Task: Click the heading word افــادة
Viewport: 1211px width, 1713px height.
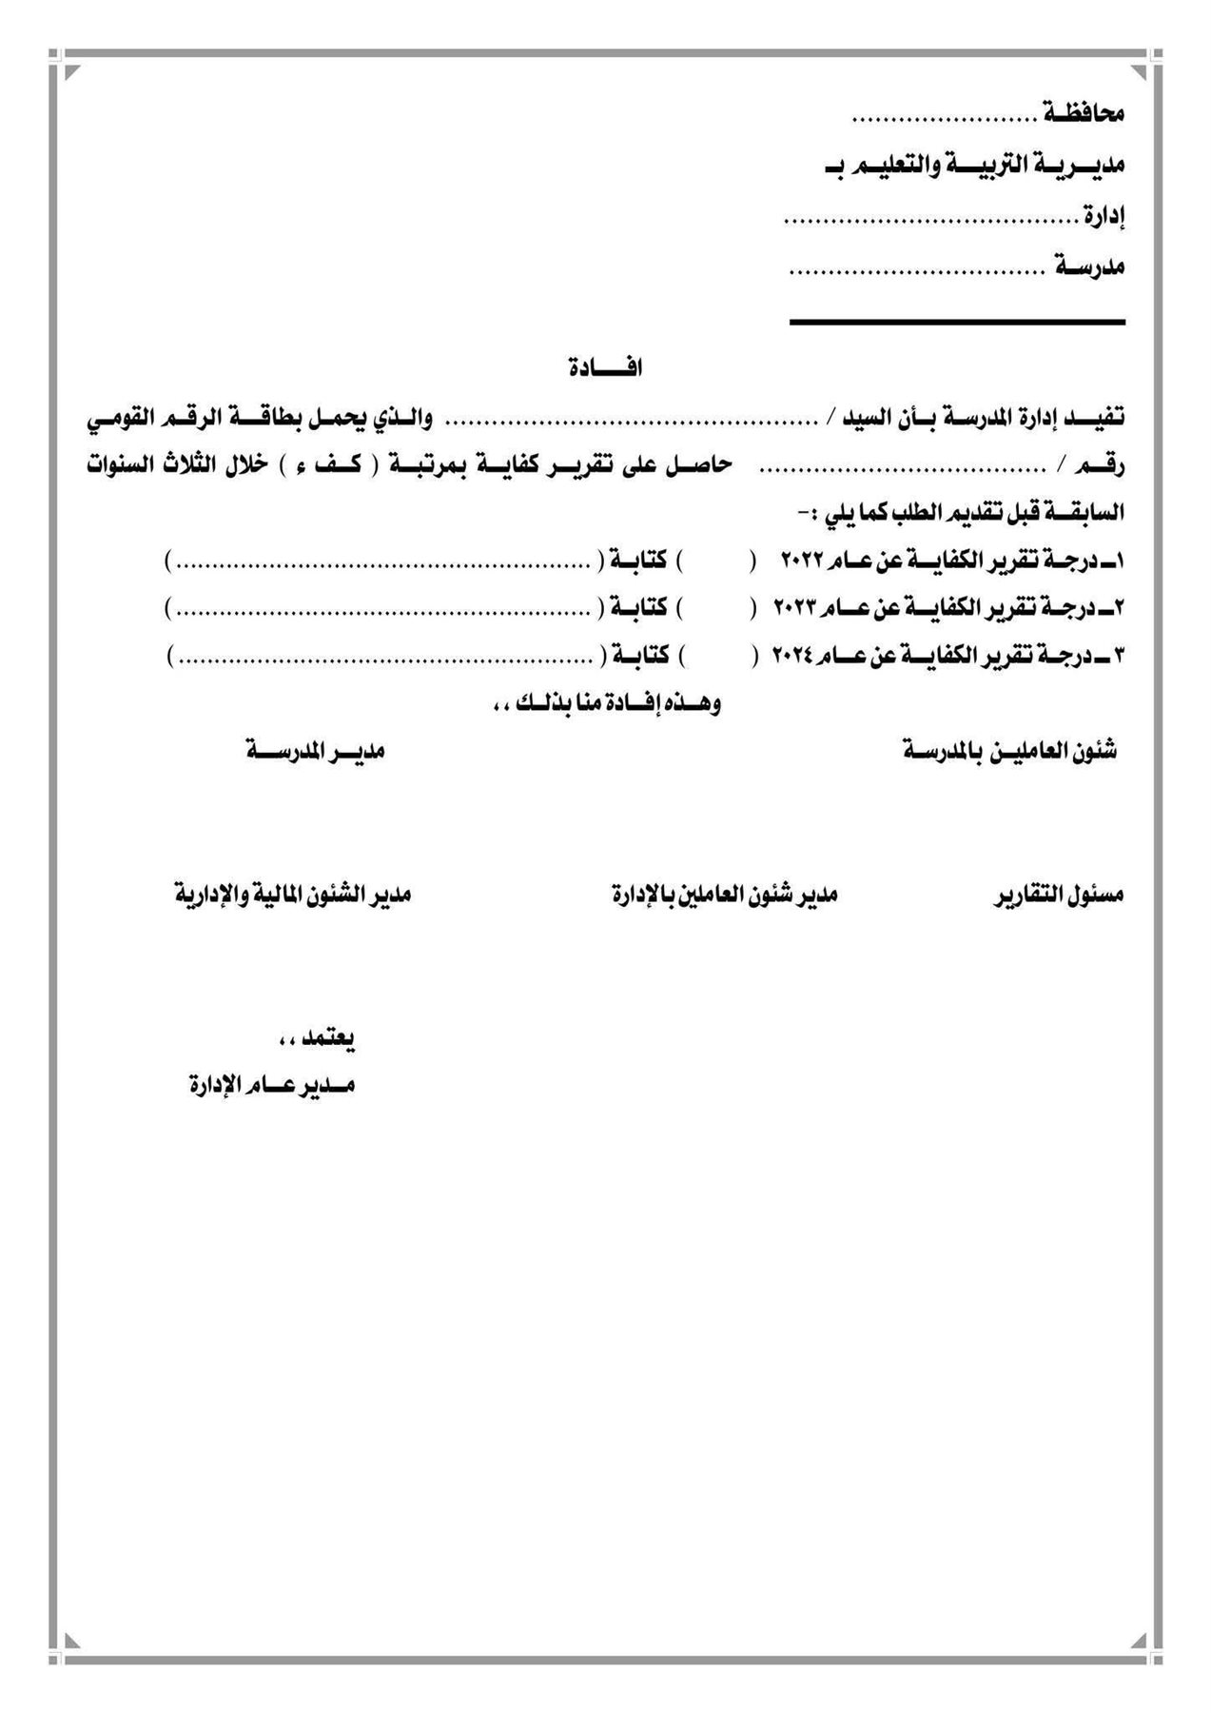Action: click(x=605, y=367)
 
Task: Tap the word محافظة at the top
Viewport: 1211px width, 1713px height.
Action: click(x=1084, y=114)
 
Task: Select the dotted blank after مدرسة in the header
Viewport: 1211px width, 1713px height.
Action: click(x=917, y=271)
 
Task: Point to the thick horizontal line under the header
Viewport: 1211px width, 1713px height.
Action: click(x=957, y=323)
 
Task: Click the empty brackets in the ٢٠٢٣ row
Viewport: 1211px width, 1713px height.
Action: click(x=718, y=606)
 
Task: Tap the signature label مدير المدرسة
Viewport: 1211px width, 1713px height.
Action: click(x=316, y=751)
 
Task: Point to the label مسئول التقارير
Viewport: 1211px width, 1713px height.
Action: click(x=1059, y=896)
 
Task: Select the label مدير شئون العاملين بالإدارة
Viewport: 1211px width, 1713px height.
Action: click(x=723, y=896)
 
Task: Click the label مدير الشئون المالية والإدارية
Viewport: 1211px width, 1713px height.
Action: click(x=292, y=896)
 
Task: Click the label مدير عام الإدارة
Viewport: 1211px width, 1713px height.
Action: click(x=271, y=1085)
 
